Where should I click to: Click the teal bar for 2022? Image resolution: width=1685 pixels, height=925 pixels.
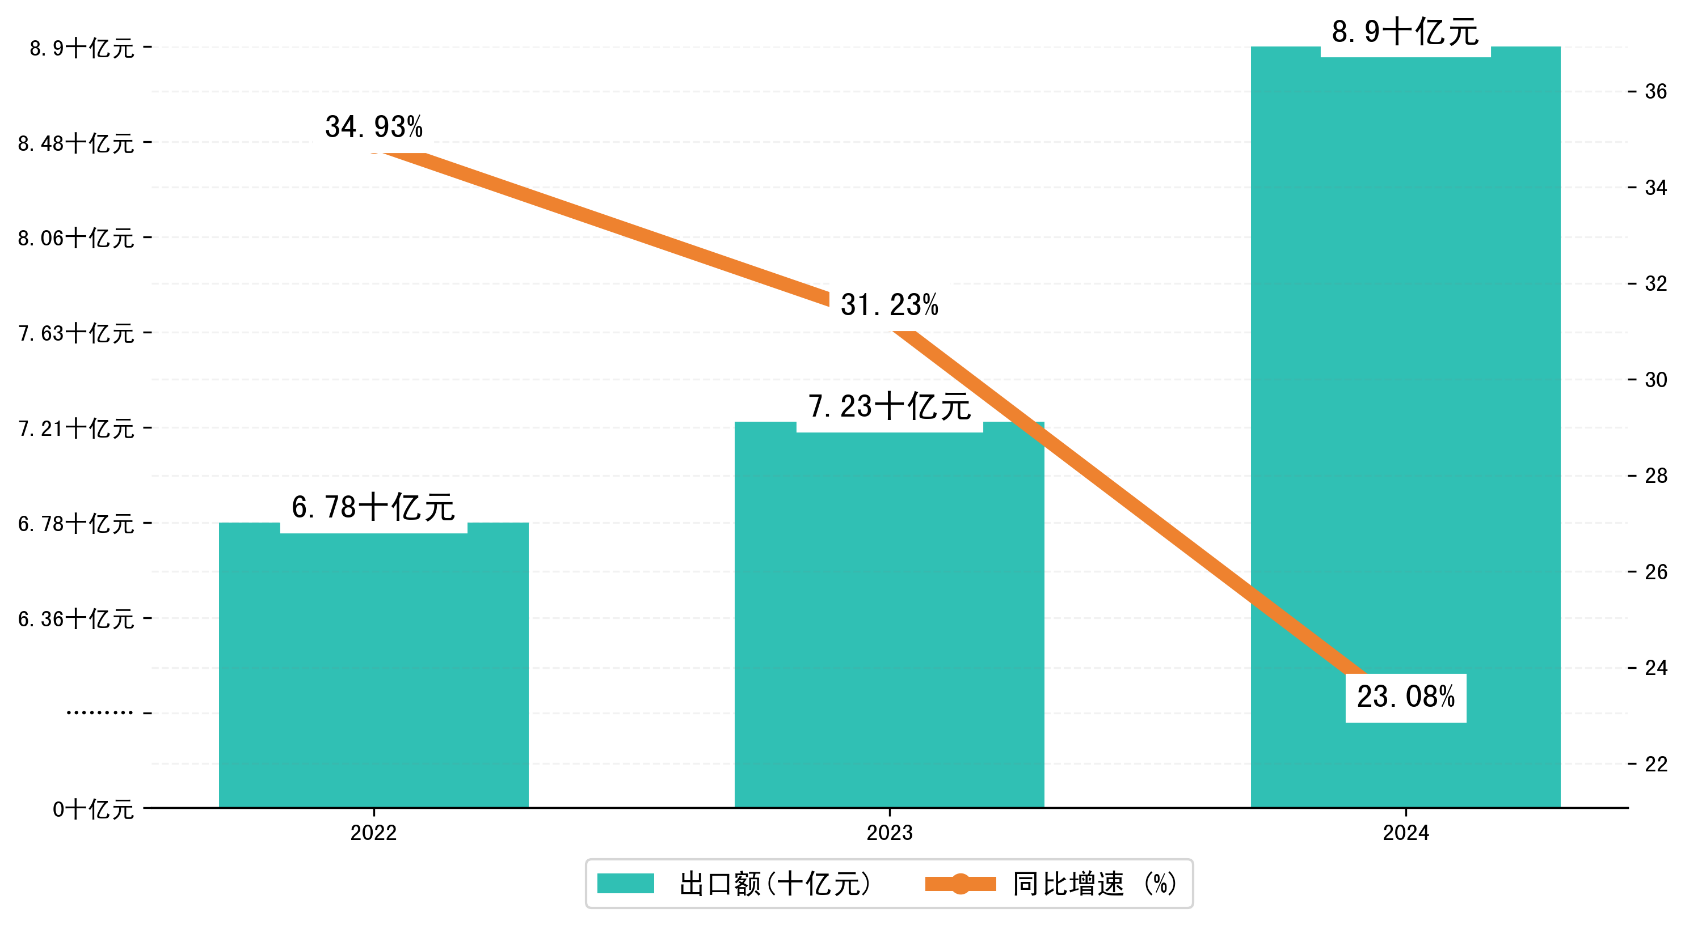click(x=373, y=667)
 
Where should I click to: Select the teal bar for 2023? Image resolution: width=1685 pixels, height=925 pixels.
click(x=889, y=621)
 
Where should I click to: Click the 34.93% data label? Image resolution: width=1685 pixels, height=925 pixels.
click(x=373, y=127)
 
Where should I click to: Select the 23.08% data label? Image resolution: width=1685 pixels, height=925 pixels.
click(x=1405, y=697)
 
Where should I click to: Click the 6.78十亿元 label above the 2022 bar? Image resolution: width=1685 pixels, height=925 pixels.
click(x=373, y=508)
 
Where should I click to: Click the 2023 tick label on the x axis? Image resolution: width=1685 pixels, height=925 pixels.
click(x=889, y=833)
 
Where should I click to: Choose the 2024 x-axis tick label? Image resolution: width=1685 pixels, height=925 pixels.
click(x=1405, y=833)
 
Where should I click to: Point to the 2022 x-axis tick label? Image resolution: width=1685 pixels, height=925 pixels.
click(x=373, y=833)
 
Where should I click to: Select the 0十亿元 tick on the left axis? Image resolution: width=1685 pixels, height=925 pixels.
click(x=93, y=809)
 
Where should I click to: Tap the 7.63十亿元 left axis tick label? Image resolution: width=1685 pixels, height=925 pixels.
click(x=76, y=333)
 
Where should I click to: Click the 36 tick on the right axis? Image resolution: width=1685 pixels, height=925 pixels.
click(x=1655, y=91)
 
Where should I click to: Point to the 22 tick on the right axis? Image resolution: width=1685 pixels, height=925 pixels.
click(x=1655, y=763)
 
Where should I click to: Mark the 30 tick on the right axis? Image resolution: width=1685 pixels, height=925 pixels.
click(x=1655, y=380)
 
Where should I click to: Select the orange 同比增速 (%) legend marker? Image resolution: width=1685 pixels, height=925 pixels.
click(x=959, y=884)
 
